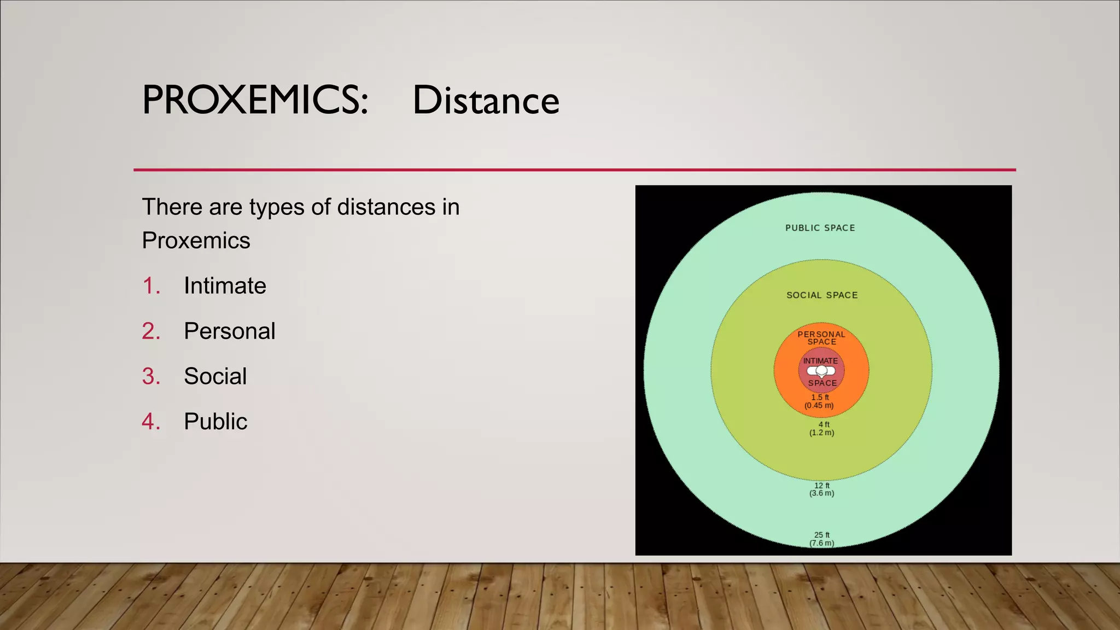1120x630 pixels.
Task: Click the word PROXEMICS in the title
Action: click(255, 100)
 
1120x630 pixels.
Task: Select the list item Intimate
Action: click(225, 285)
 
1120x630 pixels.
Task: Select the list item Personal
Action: click(229, 331)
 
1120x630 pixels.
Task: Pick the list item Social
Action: click(215, 376)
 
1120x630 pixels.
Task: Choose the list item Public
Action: click(215, 422)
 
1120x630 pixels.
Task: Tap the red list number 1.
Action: click(151, 285)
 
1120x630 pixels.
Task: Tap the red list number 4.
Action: click(151, 422)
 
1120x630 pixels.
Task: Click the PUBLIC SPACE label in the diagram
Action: click(820, 228)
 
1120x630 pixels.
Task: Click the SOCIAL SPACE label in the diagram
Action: click(822, 295)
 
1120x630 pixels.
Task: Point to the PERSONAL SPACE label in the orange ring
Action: click(821, 338)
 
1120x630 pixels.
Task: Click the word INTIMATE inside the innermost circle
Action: click(820, 361)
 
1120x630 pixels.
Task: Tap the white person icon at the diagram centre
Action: click(821, 371)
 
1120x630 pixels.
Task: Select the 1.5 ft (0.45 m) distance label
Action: click(819, 401)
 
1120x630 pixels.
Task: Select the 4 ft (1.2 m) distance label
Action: click(822, 428)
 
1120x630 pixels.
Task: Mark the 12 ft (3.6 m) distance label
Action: click(822, 489)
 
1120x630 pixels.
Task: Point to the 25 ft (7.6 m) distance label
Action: click(822, 539)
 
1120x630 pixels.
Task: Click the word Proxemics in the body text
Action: click(196, 241)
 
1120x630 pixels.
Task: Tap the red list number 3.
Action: click(151, 376)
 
